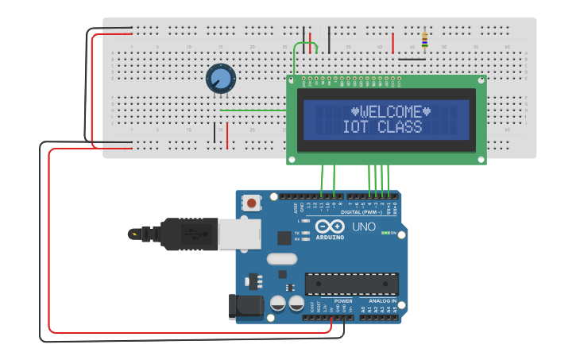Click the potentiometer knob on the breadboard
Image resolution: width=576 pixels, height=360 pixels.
pyautogui.click(x=221, y=79)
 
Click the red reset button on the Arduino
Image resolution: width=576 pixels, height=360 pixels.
pyautogui.click(x=252, y=203)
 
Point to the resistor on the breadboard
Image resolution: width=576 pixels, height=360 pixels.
pyautogui.click(x=425, y=38)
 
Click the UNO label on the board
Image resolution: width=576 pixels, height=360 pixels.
pyautogui.click(x=363, y=227)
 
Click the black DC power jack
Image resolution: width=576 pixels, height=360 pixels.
pyautogui.click(x=242, y=307)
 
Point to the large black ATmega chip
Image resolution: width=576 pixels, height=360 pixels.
pyautogui.click(x=352, y=284)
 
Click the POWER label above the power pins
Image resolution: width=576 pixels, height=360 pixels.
pyautogui.click(x=343, y=301)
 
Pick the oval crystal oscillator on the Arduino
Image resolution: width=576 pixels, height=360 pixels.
pyautogui.click(x=281, y=258)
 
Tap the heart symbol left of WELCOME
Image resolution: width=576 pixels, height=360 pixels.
pyautogui.click(x=355, y=111)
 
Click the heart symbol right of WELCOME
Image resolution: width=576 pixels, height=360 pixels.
pyautogui.click(x=427, y=111)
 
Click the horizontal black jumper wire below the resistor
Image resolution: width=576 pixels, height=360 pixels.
pyautogui.click(x=411, y=58)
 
